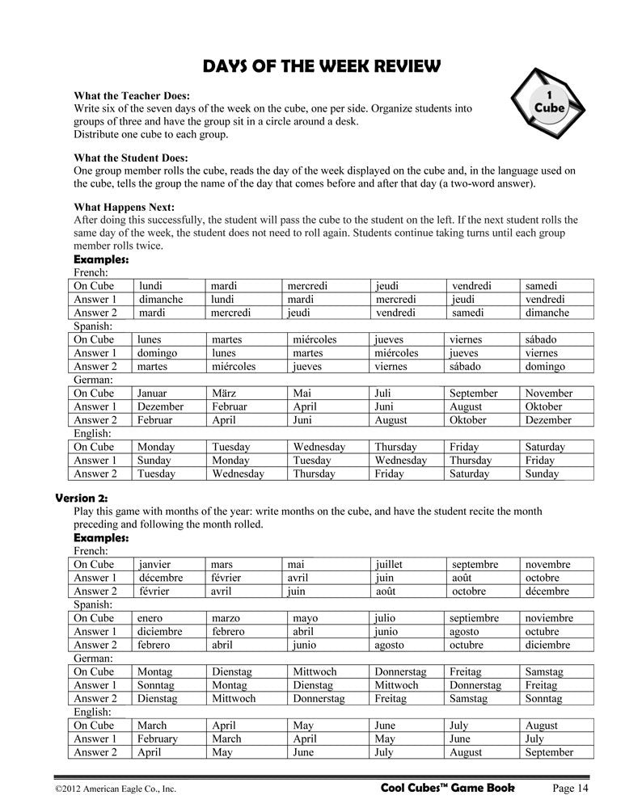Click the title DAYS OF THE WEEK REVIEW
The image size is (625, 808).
pos(312,65)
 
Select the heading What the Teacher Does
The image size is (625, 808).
pos(132,95)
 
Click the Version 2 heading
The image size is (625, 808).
pos(81,498)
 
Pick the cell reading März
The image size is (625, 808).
pos(226,393)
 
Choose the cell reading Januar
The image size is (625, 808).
pos(152,393)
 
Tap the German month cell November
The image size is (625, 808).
pos(548,393)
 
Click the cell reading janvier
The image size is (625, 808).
pos(155,565)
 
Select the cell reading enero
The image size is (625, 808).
pos(150,618)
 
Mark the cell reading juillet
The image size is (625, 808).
pos(389,565)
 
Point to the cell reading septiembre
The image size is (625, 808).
pos(478,618)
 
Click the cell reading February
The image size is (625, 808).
pos(158,739)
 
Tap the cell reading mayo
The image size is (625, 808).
pos(307,618)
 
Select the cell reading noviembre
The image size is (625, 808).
pos(549,618)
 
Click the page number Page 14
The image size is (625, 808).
pos(575,788)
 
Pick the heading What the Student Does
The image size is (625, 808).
pos(131,158)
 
